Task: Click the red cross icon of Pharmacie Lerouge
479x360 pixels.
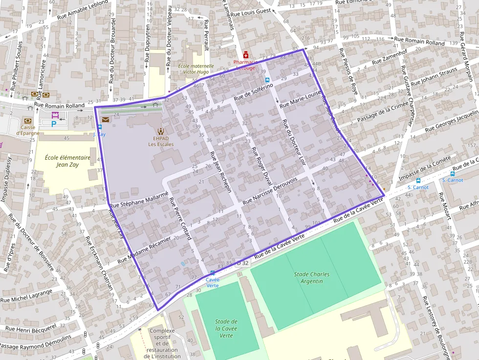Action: [246, 55]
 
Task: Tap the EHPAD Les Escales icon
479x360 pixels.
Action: [161, 131]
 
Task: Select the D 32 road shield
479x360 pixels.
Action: [243, 263]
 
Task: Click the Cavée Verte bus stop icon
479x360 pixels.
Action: [212, 273]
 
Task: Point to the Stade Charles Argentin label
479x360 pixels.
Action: [311, 277]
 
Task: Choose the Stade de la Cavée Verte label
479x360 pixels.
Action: [226, 328]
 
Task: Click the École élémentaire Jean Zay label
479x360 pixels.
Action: [67, 161]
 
